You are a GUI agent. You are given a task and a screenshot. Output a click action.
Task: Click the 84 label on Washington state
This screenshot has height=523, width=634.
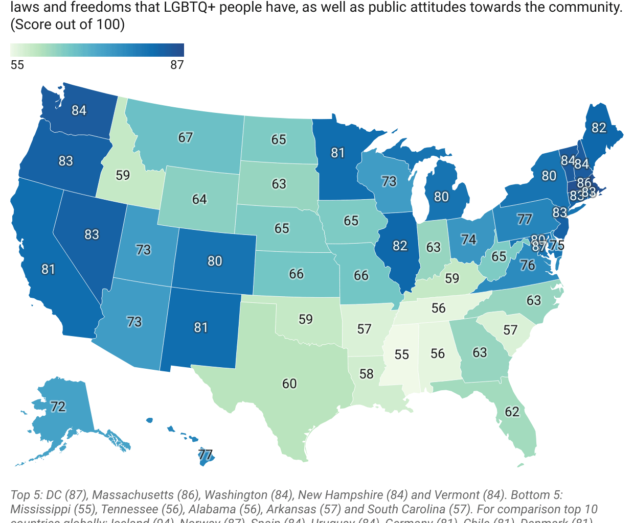coord(79,110)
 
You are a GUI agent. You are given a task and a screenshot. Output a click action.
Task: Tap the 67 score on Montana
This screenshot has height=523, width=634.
coord(185,137)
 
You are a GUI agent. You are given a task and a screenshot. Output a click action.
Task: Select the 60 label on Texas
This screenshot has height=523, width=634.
coord(289,384)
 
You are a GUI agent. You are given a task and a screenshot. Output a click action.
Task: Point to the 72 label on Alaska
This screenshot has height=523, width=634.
coord(58,407)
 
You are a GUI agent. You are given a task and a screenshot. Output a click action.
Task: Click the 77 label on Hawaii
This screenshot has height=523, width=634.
coord(206,454)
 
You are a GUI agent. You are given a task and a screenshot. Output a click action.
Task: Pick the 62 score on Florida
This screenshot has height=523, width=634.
coord(512,412)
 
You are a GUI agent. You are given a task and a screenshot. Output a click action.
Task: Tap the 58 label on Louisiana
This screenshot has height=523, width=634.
coord(366,374)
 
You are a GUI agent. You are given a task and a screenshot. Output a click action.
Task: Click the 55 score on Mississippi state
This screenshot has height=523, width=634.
coord(401,354)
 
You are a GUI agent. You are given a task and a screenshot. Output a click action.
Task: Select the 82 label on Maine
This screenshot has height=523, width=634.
coord(599,128)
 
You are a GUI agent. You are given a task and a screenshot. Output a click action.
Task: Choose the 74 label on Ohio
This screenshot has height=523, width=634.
coord(468,240)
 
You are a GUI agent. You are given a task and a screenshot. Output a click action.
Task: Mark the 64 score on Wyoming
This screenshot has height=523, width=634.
coord(199,199)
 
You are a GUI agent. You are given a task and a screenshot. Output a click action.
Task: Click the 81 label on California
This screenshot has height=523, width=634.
coord(48,269)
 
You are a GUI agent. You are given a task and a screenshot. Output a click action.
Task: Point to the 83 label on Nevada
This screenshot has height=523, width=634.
coord(92,234)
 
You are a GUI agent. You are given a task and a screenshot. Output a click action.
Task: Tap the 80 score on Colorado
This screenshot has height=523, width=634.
coord(215,261)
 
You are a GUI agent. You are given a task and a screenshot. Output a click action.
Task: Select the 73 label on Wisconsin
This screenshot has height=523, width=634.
coord(389,181)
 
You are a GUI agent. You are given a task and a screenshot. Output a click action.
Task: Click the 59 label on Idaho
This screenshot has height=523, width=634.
coord(123,175)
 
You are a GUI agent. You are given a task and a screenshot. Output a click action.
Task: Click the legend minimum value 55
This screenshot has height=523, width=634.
coord(17,65)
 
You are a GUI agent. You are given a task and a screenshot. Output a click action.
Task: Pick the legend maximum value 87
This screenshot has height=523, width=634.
coord(177,65)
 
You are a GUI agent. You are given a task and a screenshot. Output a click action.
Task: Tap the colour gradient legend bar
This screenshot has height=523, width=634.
coord(97,50)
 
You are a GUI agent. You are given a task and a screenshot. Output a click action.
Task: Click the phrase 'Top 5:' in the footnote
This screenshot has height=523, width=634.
coord(27,495)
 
